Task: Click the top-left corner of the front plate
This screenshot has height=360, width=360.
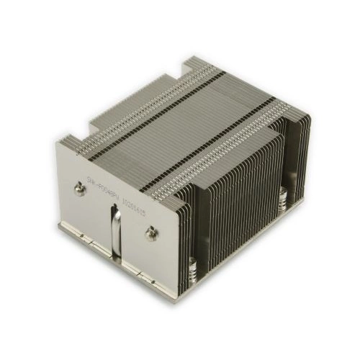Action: (x=58, y=142)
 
